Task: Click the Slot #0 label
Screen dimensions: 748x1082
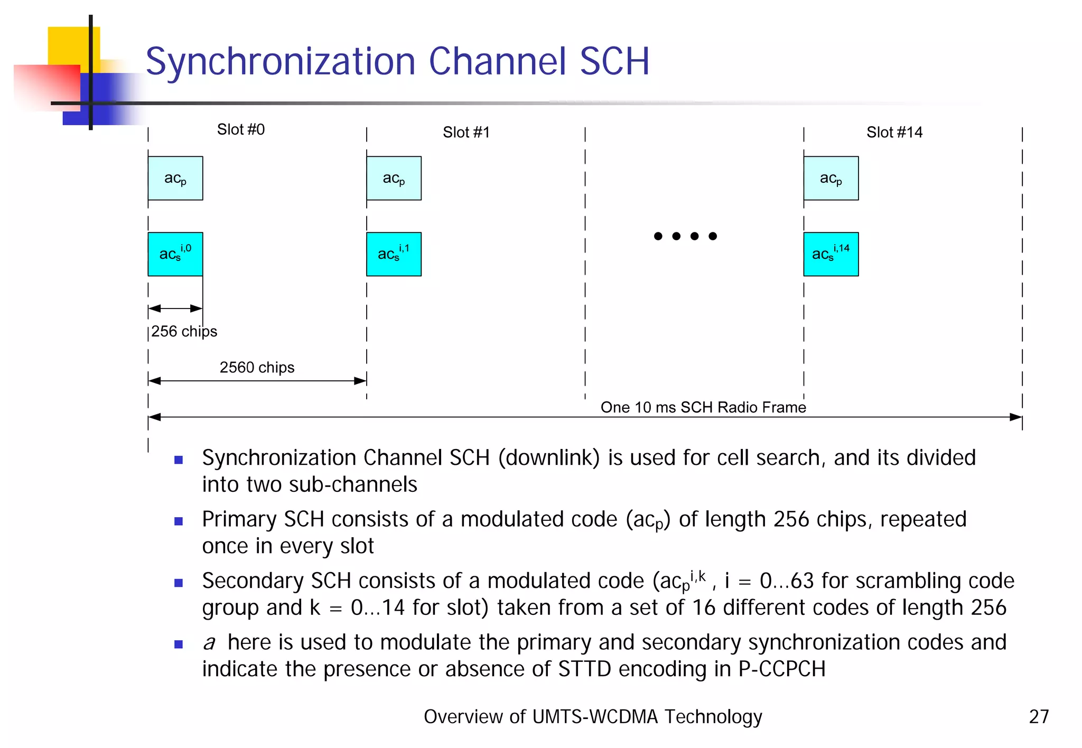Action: pos(241,129)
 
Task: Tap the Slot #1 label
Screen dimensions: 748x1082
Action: pos(466,132)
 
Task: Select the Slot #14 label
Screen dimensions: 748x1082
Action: pos(894,132)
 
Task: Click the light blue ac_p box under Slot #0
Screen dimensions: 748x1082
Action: pos(175,178)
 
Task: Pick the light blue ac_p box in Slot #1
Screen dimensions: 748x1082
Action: pos(394,178)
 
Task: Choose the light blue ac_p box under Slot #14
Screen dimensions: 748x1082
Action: pos(831,178)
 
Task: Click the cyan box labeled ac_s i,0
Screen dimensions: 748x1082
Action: pos(175,254)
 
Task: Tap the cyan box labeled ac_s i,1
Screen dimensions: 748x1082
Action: pos(394,254)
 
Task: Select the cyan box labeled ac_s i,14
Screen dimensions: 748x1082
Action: pos(831,254)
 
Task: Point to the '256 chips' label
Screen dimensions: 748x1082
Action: pos(184,331)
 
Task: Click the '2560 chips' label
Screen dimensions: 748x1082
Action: pos(257,367)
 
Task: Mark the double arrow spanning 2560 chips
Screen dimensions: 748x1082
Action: pos(257,381)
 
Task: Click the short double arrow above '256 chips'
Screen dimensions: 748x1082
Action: pos(175,308)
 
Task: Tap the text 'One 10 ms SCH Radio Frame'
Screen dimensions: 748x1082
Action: pos(703,407)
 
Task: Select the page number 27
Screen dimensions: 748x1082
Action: pos(1039,717)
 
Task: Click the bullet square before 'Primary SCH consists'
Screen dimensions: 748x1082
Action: pos(179,521)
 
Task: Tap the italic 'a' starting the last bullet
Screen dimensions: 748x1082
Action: pos(209,643)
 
